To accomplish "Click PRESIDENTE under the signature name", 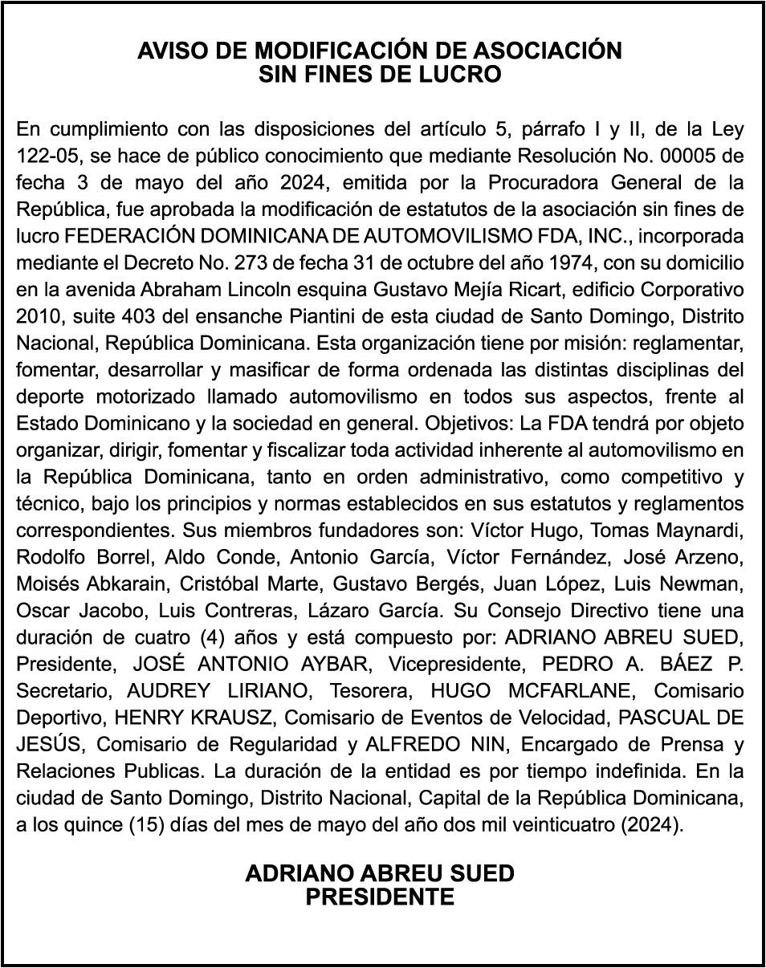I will pos(380,897).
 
